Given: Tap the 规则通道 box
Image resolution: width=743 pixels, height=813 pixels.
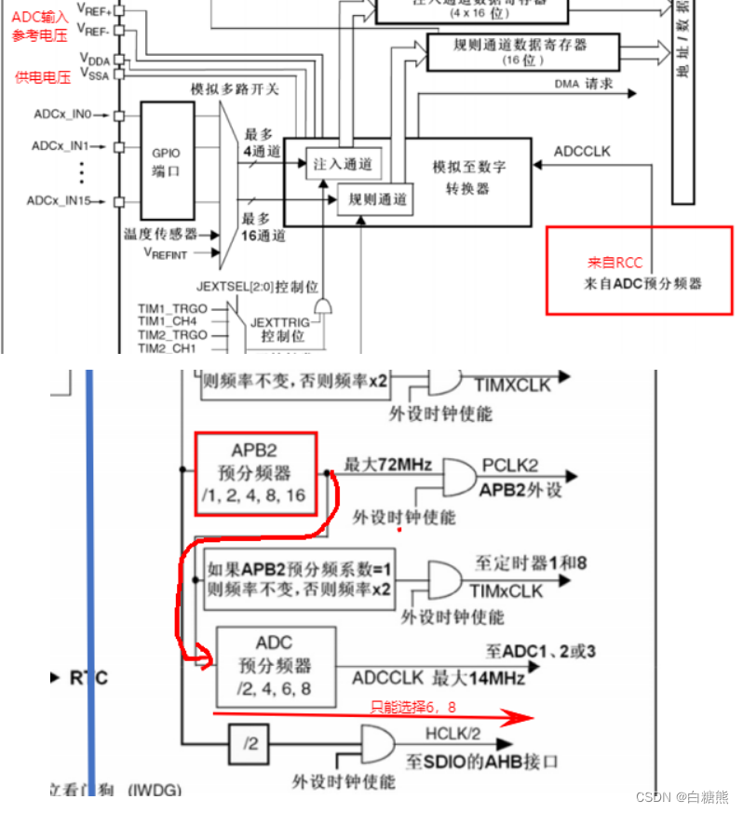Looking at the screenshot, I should tap(377, 197).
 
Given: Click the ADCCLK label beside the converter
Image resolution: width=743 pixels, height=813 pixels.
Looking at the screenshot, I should tap(582, 151).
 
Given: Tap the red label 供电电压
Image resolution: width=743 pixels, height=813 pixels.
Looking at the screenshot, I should tap(43, 77).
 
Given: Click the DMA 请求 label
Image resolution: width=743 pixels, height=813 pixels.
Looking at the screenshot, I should tap(584, 84).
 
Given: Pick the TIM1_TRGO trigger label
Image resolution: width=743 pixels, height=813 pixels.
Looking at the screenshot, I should tap(172, 307).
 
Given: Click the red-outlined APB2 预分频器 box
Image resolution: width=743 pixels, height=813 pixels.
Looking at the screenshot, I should tap(256, 473).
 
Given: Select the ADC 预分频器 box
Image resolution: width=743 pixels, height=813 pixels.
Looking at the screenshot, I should tap(275, 666).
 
